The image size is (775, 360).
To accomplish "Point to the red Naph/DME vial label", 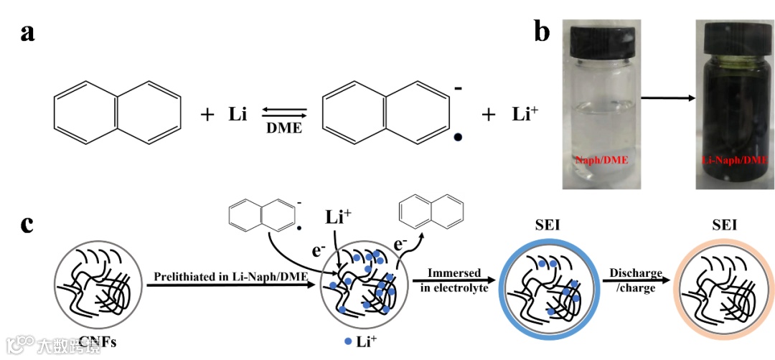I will tap(601, 159).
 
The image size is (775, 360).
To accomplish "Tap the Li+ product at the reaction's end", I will tap(525, 113).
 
